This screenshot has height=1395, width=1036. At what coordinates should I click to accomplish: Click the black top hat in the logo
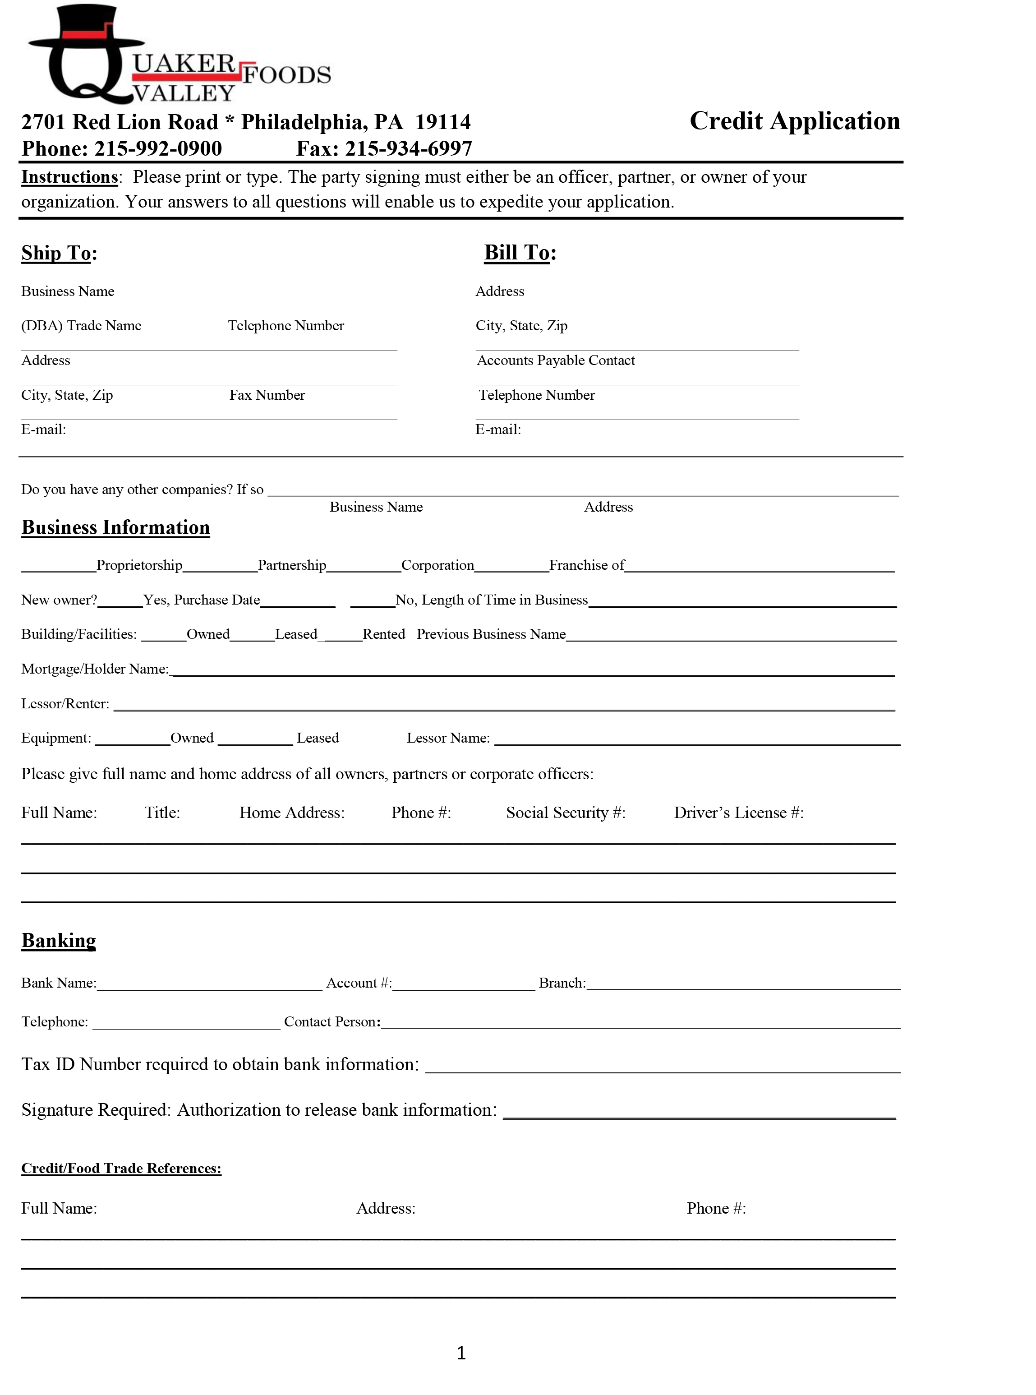tap(87, 28)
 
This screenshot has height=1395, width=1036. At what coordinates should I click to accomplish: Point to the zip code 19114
tap(443, 122)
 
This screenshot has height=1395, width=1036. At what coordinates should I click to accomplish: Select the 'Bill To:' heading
tap(520, 252)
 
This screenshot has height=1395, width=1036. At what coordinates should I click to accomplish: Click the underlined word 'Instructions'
tap(69, 177)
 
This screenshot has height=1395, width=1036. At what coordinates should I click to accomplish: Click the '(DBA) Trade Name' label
tap(82, 326)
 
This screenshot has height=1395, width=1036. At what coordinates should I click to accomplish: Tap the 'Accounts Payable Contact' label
tap(556, 360)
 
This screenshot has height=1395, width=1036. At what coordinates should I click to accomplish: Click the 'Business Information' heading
tap(115, 527)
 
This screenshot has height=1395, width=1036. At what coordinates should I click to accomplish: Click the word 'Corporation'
tap(438, 565)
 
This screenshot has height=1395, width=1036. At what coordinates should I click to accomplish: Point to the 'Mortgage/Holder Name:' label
tap(95, 669)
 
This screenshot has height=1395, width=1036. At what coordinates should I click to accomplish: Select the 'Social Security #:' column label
tap(566, 813)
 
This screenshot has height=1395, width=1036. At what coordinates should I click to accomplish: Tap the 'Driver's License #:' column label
tap(739, 813)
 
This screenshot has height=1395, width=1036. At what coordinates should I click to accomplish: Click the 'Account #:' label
tap(359, 983)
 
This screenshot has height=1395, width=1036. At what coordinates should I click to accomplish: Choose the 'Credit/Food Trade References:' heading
tap(121, 1169)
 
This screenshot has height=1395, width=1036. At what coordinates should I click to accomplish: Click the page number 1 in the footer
tap(461, 1353)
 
